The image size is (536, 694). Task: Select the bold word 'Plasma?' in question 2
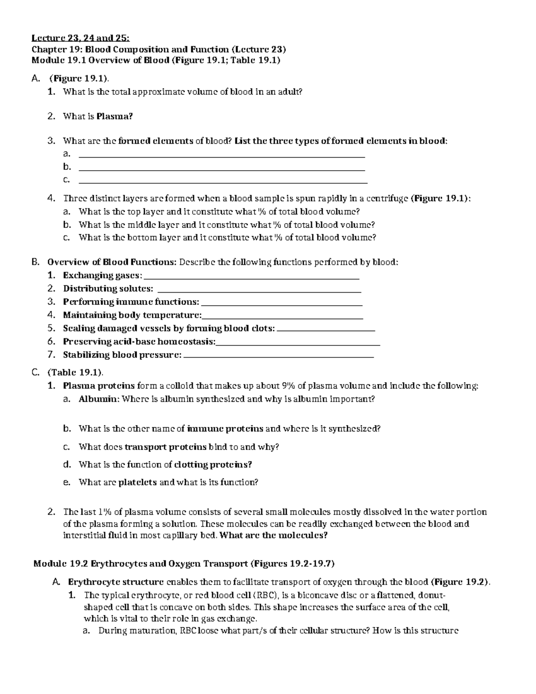click(118, 117)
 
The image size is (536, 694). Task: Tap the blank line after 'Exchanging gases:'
click(252, 276)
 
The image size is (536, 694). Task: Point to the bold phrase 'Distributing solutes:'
click(108, 289)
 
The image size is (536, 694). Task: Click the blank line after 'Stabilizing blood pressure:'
click(279, 356)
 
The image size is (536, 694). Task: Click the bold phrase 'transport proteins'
click(165, 447)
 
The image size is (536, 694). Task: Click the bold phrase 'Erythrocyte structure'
click(116, 582)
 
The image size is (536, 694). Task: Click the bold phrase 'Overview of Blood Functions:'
click(112, 262)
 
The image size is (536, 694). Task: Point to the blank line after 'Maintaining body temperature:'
click(282, 316)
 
